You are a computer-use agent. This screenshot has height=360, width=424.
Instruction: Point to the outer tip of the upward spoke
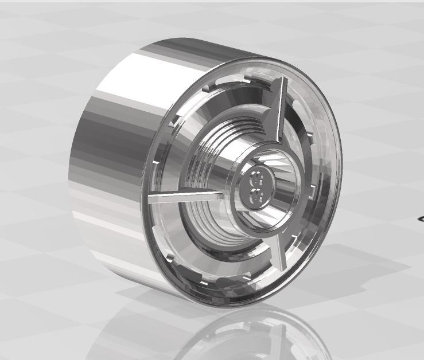(x=282, y=80)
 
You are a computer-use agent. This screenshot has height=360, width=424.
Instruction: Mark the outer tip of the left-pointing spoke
(x=150, y=201)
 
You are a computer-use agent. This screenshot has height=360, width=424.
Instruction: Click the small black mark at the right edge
(x=421, y=218)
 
